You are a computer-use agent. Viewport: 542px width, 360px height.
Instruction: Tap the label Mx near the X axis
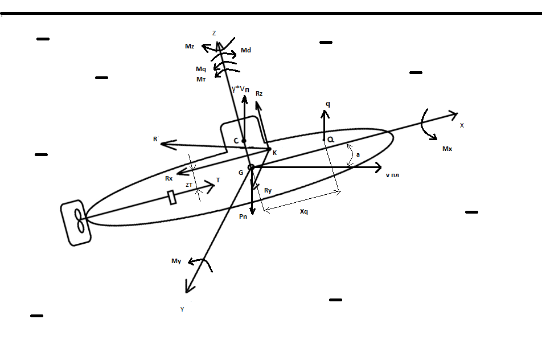(447, 149)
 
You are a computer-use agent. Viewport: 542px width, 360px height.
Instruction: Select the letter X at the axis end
(462, 125)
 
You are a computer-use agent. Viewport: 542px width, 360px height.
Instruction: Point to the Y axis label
(182, 309)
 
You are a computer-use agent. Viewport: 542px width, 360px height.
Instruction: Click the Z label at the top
(214, 34)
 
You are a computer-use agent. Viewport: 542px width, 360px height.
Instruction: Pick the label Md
(246, 51)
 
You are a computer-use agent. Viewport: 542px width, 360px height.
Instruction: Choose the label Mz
(190, 46)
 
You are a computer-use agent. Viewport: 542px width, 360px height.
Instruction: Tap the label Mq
(200, 69)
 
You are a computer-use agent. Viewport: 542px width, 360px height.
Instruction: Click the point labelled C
(244, 141)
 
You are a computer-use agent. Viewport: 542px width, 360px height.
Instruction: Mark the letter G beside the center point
(241, 172)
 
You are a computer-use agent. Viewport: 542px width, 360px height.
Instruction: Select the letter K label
(274, 153)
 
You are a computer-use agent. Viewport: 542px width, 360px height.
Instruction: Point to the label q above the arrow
(328, 104)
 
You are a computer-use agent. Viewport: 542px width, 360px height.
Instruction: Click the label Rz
(260, 93)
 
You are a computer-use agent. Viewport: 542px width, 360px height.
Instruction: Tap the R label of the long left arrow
(155, 138)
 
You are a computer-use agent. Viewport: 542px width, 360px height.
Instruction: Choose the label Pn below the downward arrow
(243, 216)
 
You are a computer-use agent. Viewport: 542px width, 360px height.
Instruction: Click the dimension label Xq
(304, 211)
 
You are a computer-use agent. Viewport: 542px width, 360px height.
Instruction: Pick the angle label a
(358, 154)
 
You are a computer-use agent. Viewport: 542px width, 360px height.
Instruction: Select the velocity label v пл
(392, 174)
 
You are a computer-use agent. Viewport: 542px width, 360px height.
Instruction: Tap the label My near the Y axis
(176, 261)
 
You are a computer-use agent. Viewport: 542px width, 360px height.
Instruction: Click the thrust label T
(218, 180)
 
